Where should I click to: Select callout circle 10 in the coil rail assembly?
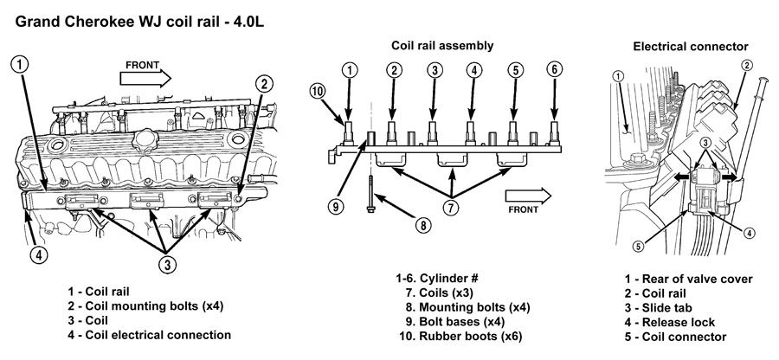pos(319,90)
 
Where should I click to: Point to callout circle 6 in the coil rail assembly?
pos(554,69)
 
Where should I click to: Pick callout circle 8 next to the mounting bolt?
pos(422,225)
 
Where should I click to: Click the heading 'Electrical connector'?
pos(691,45)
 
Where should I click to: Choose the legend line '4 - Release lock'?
pos(675,322)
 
